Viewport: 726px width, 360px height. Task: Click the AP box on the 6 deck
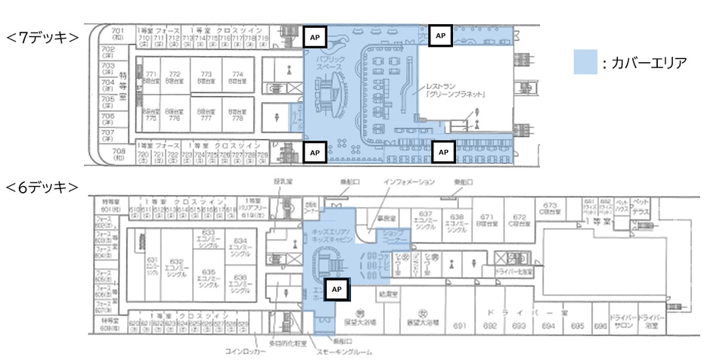pos(339,289)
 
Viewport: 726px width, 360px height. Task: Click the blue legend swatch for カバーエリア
pos(586,62)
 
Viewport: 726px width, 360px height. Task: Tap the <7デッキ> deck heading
pos(43,36)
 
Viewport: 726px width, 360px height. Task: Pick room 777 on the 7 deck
pos(206,114)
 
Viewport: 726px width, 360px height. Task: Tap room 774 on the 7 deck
pos(237,75)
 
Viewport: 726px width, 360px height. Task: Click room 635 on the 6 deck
pos(209,276)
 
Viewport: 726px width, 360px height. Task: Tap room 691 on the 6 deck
pos(458,326)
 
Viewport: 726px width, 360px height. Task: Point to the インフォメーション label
pos(409,182)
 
